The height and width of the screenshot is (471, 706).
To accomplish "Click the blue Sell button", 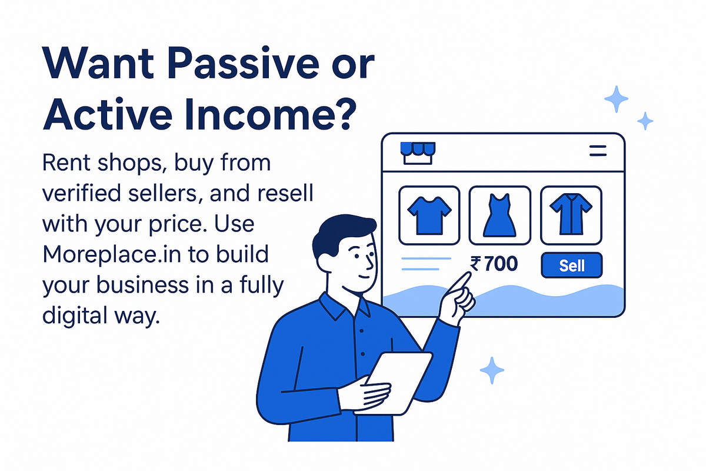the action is click(571, 265).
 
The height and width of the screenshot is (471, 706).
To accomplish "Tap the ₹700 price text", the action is click(494, 264).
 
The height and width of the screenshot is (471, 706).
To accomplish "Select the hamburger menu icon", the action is click(598, 151).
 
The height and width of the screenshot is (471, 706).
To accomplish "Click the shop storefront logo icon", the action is click(418, 153).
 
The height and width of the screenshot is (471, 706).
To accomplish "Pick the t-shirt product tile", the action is click(429, 215).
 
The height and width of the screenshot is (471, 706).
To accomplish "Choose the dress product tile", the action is click(500, 215).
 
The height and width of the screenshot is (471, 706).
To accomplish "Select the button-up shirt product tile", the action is click(571, 215).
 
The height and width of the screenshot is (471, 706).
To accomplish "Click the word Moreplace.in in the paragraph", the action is click(112, 254).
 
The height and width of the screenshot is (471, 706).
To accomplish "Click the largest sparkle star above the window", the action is click(616, 99).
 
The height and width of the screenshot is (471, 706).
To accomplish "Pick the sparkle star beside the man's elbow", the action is click(492, 370).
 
